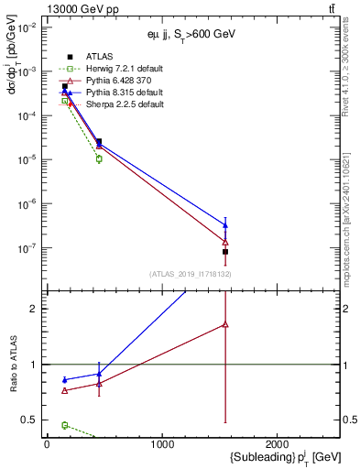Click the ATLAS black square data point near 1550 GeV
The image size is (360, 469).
[x=225, y=251]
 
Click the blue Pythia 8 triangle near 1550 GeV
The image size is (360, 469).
[x=225, y=224]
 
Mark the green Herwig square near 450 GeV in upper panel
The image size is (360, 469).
[x=99, y=159]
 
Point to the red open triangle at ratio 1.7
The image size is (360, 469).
[x=225, y=324]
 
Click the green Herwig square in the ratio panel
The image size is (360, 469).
[x=64, y=425]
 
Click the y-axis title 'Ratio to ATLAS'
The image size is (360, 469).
[x=15, y=366]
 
